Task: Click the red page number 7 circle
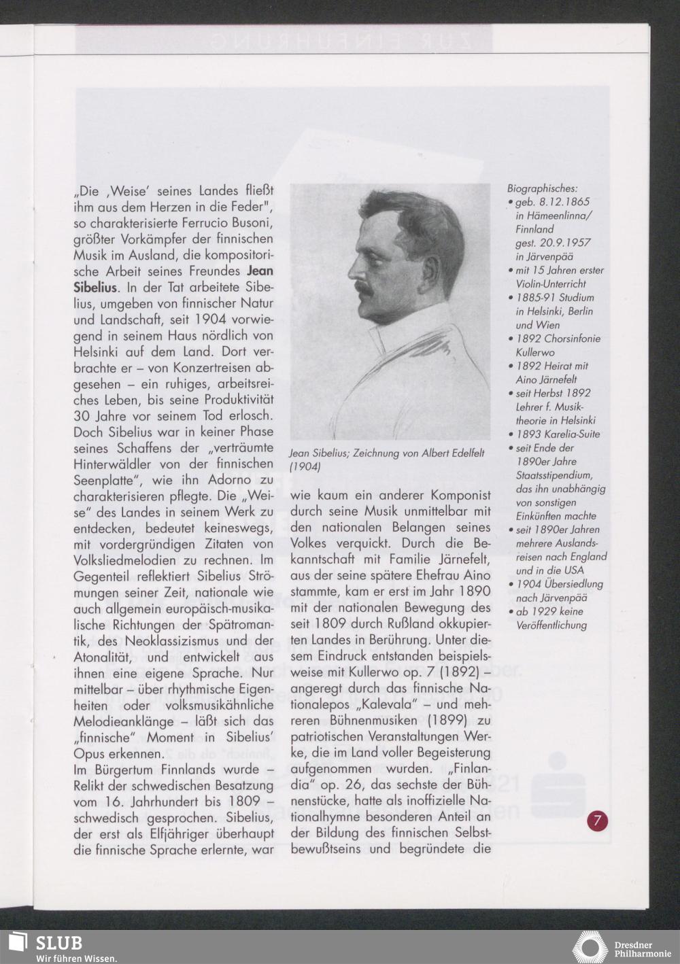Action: (x=597, y=820)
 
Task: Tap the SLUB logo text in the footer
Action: (x=59, y=942)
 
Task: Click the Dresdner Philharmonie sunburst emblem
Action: (x=590, y=948)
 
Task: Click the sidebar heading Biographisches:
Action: (x=542, y=188)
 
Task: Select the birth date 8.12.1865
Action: (x=564, y=202)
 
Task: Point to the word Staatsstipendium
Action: (x=554, y=475)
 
